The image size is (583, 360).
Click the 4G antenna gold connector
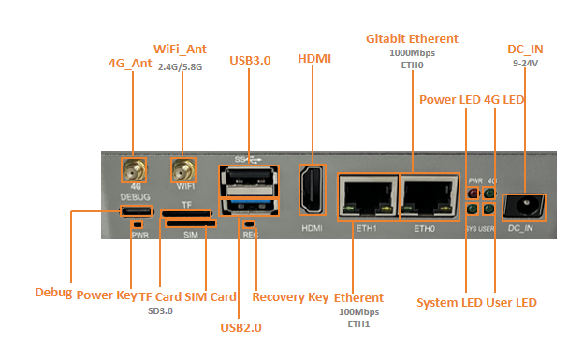tap(134, 170)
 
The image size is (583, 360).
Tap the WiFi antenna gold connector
tap(183, 170)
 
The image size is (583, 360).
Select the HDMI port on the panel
tap(313, 190)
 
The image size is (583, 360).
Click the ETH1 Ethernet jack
tap(368, 196)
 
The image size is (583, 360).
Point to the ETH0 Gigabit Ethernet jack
tap(429, 196)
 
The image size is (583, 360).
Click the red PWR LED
tap(473, 194)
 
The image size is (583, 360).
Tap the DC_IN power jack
tap(523, 207)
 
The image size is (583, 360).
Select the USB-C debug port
tap(136, 211)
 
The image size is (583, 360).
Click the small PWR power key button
tap(138, 224)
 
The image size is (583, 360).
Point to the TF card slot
tap(186, 213)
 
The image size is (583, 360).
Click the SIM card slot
tap(191, 223)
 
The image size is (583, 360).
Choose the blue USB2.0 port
tap(249, 207)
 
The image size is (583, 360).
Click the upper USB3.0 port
tap(249, 180)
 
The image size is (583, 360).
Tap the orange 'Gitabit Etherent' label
tap(412, 39)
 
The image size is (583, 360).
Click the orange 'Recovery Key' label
tap(290, 297)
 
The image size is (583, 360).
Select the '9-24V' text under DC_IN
tap(525, 64)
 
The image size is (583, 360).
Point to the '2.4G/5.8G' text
tap(180, 67)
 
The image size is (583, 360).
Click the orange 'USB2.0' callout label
tap(240, 327)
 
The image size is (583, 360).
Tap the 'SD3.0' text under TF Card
tap(160, 311)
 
